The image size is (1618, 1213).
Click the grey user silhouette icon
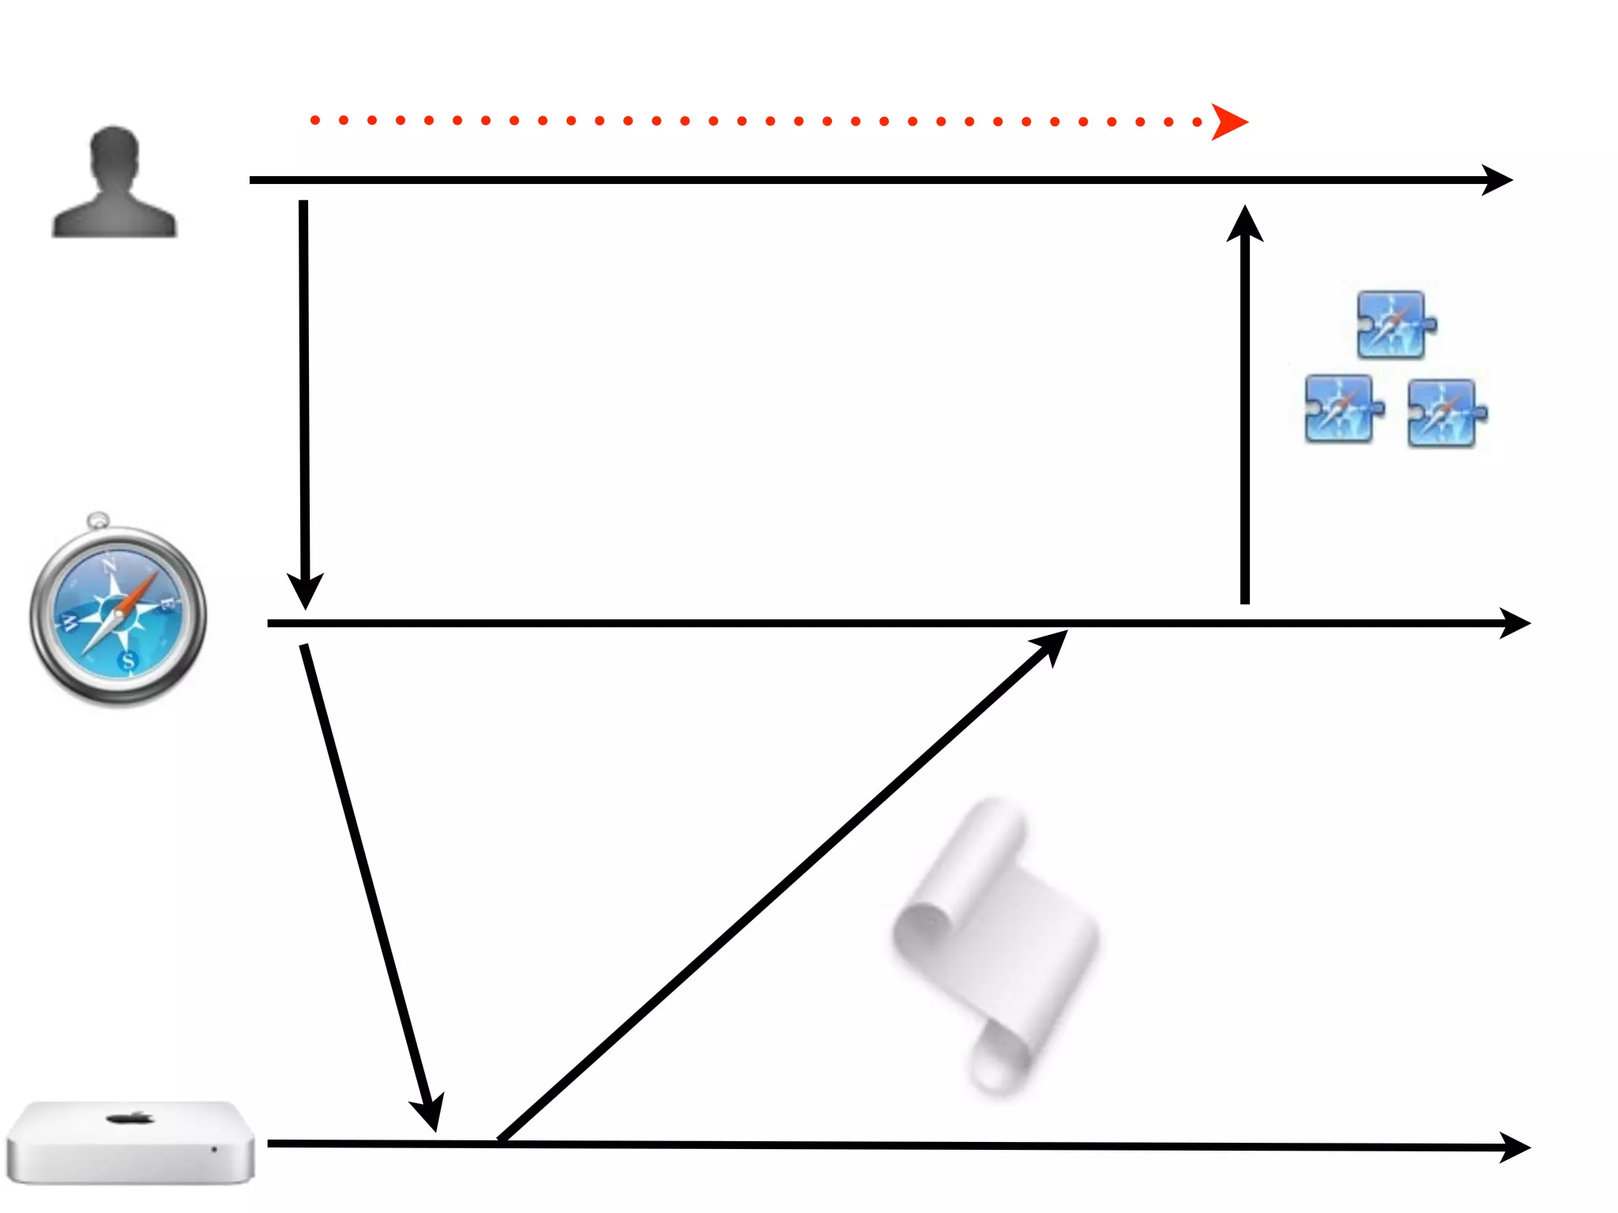[x=115, y=183]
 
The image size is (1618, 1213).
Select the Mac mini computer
[x=130, y=1143]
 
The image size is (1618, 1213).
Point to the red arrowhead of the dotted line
[x=1229, y=122]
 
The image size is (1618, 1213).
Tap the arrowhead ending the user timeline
[x=1497, y=180]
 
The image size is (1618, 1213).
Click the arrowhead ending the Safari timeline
[x=1515, y=623]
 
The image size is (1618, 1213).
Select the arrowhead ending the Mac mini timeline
[x=1515, y=1147]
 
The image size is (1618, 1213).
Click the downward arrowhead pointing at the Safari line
[x=305, y=592]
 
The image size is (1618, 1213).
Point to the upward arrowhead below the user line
[x=1245, y=223]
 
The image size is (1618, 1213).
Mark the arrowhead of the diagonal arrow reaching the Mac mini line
[x=429, y=1113]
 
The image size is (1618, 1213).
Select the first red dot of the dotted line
[x=315, y=120]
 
